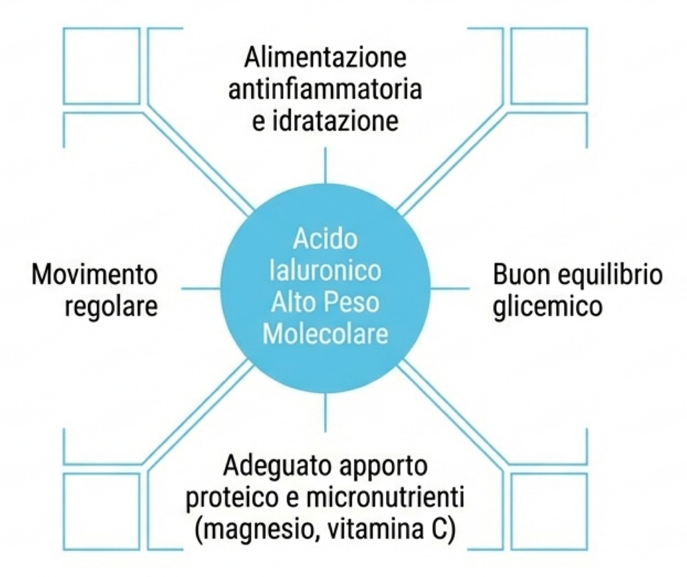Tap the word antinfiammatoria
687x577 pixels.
[x=325, y=90]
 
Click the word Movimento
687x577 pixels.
[x=96, y=276]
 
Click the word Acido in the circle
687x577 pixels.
[x=325, y=240]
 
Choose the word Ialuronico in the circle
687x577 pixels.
[x=325, y=271]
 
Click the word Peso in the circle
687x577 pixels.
[x=352, y=302]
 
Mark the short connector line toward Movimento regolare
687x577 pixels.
[x=201, y=289]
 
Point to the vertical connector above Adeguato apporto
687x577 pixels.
[x=325, y=412]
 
